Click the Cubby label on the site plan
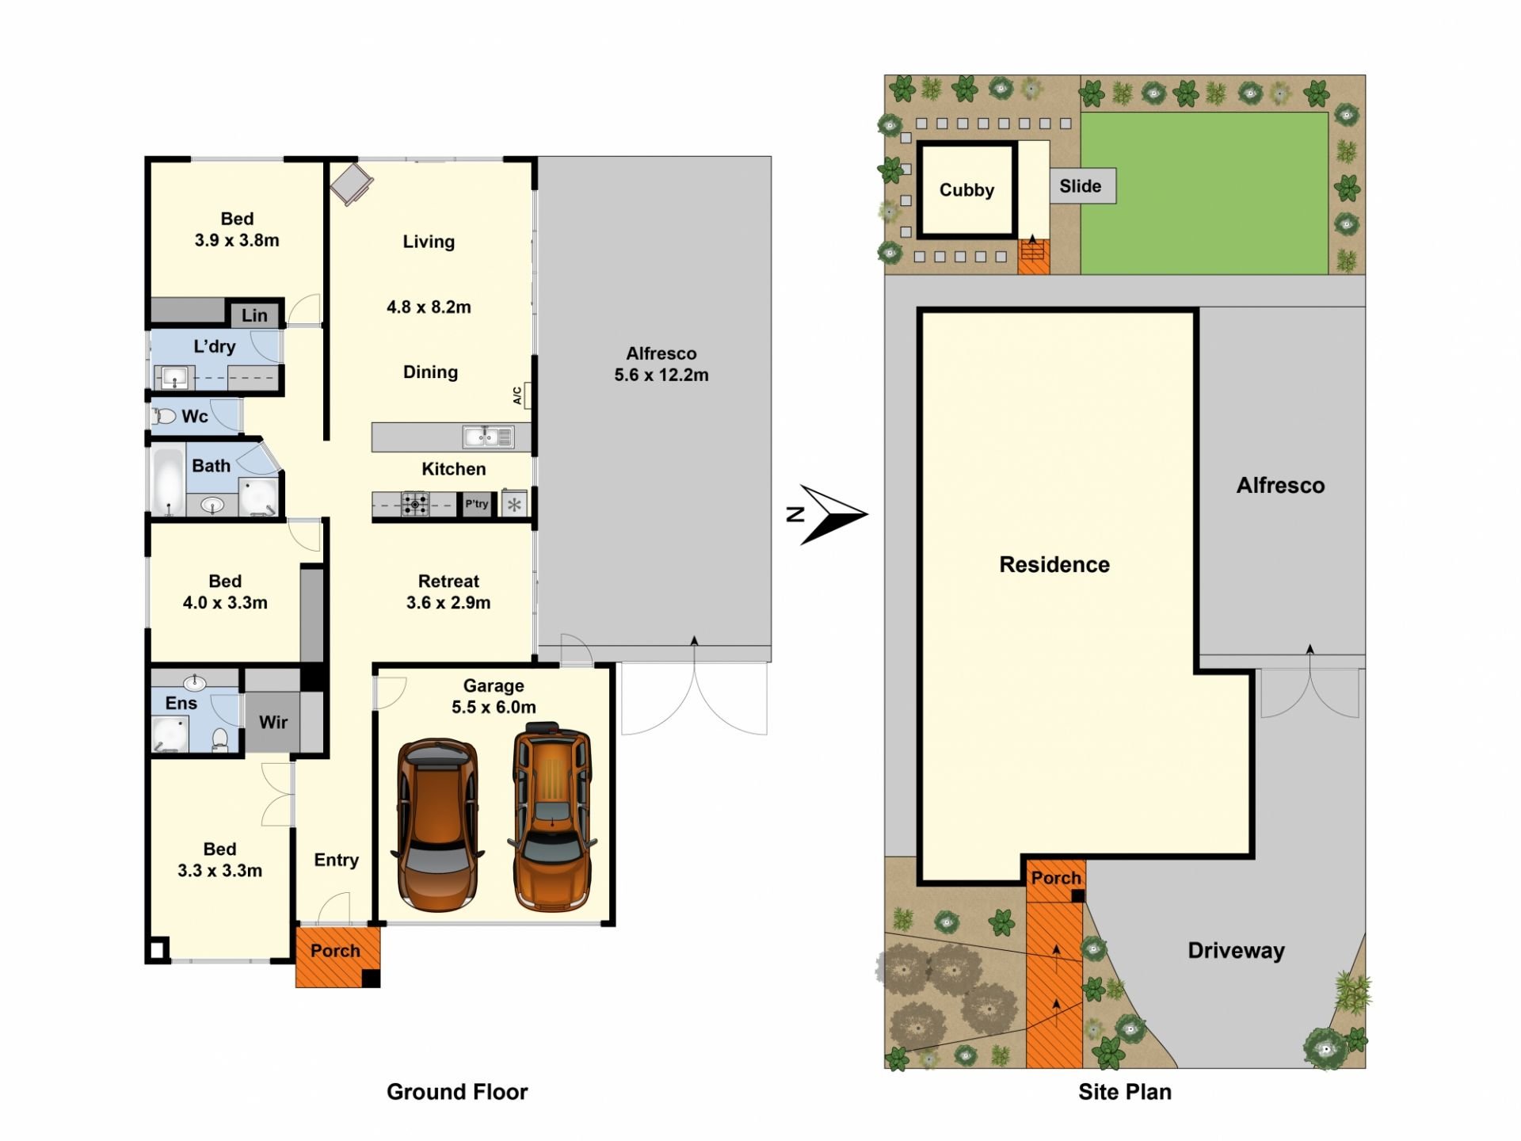tap(966, 190)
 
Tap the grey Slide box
tap(1083, 186)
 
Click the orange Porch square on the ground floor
tap(337, 957)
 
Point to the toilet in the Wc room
tap(164, 416)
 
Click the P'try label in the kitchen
tap(477, 504)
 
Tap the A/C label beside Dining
tap(517, 395)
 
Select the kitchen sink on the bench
tap(488, 436)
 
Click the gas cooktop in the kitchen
tap(414, 504)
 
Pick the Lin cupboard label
tap(254, 315)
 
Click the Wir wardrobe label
tap(273, 722)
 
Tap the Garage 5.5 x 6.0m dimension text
tap(494, 707)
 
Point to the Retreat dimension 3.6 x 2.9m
tap(448, 602)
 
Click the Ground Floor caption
tap(457, 1092)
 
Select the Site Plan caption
tap(1125, 1092)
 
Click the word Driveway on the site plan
tap(1237, 951)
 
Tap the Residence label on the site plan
tap(1054, 564)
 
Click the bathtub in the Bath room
tap(168, 481)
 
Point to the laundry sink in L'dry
tap(173, 377)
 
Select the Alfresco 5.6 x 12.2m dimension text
tap(661, 375)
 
